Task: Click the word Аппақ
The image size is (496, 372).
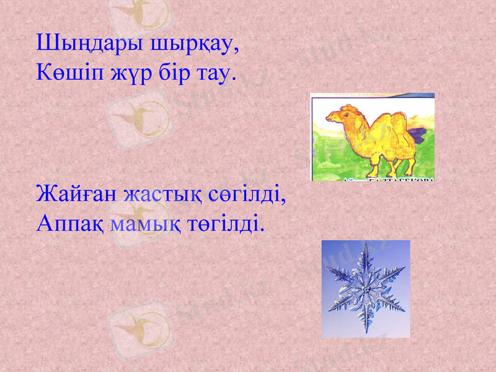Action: pos(70,222)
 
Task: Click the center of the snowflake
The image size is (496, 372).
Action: pos(366,290)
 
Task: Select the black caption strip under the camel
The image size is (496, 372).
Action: pos(387,179)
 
